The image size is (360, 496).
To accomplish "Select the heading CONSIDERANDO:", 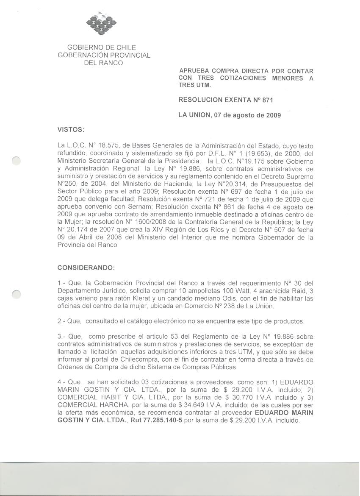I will tap(86, 268).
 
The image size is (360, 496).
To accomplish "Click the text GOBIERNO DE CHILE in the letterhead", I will tap(102, 47).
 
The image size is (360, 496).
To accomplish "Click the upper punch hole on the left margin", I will tap(16, 160).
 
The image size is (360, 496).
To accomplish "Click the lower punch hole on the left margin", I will tap(16, 293).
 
